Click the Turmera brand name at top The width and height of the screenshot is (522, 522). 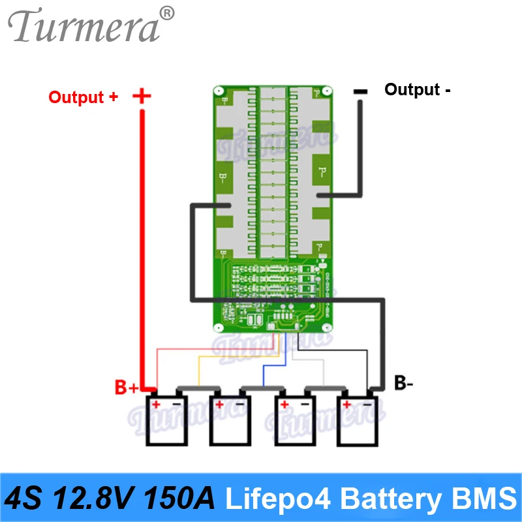tap(84, 27)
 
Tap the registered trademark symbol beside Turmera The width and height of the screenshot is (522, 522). tap(167, 12)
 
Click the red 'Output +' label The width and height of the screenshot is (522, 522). tap(84, 97)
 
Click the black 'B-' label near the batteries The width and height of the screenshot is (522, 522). tap(404, 383)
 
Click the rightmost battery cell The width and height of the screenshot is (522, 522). tap(358, 422)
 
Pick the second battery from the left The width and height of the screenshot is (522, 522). tap(229, 422)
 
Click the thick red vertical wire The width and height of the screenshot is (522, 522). tap(142, 248)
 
